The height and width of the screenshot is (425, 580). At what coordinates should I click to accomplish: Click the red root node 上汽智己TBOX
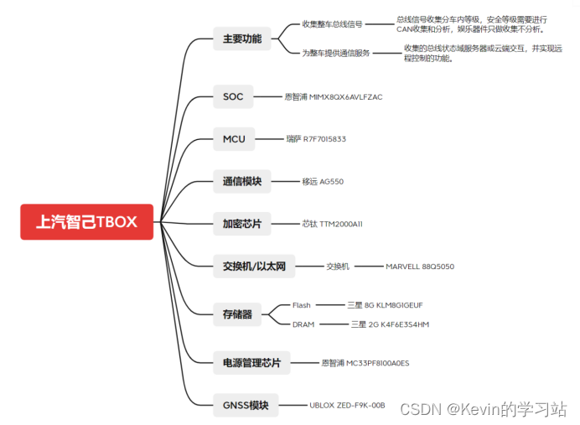pos(87,222)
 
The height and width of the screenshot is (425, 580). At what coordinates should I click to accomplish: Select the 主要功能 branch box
pos(241,39)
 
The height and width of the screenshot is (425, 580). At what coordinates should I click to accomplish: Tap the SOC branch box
pos(233,96)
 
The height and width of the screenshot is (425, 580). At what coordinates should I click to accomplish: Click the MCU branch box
pos(234,138)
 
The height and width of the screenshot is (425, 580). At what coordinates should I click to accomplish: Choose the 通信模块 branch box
pos(241,181)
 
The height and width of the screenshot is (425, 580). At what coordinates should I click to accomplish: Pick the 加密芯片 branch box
pos(241,224)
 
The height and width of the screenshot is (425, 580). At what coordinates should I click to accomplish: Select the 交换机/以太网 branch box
pos(254,267)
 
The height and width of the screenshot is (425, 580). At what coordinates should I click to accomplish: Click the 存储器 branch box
pos(237,314)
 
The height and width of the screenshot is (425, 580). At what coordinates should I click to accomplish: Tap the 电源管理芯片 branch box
pos(251,363)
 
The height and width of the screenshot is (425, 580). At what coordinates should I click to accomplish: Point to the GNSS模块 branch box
pos(246,405)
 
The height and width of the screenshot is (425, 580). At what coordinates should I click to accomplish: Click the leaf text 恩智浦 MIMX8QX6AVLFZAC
pos(334,97)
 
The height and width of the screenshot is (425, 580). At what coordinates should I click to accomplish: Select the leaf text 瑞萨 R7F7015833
pos(316,139)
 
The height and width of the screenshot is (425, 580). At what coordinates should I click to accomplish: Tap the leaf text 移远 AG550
pos(323,181)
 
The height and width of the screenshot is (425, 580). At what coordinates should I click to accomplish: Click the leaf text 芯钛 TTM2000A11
pos(332,224)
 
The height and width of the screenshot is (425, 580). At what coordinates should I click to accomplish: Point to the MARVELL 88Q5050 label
pos(420,267)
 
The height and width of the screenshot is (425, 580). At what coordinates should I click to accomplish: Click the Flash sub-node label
pos(301,305)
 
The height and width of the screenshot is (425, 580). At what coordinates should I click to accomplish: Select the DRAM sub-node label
pos(303,324)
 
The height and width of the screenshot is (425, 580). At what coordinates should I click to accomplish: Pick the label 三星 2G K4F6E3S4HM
pos(390,324)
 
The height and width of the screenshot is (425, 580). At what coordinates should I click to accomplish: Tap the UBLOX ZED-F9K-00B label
pos(347,405)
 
